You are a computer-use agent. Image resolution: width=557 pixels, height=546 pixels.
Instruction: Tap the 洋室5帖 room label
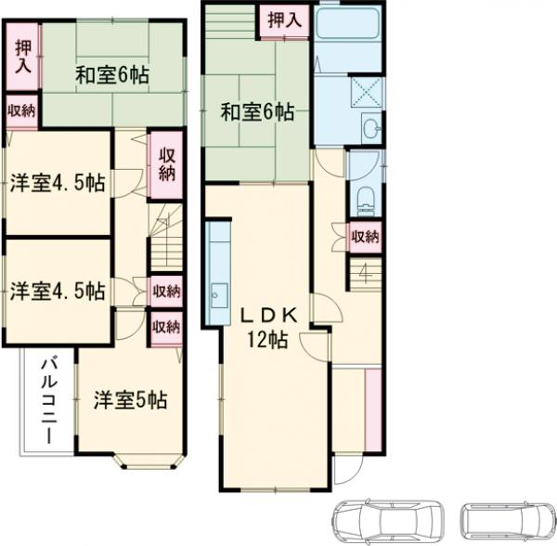(x=130, y=401)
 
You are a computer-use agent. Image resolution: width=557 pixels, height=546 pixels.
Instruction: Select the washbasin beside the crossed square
(x=371, y=130)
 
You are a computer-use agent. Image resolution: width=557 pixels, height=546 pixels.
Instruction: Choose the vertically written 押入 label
(x=22, y=58)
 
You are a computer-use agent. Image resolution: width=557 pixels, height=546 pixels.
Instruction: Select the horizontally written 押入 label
(x=284, y=18)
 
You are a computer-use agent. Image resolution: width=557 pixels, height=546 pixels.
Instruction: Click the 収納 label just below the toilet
(x=365, y=236)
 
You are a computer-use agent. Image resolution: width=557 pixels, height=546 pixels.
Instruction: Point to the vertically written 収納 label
(x=166, y=164)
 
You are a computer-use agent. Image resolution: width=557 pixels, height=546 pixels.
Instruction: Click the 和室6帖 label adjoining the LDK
(x=257, y=113)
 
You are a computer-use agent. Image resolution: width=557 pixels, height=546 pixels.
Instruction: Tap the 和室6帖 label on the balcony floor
(x=111, y=75)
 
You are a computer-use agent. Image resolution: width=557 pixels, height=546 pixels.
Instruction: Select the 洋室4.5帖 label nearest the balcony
(x=58, y=291)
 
